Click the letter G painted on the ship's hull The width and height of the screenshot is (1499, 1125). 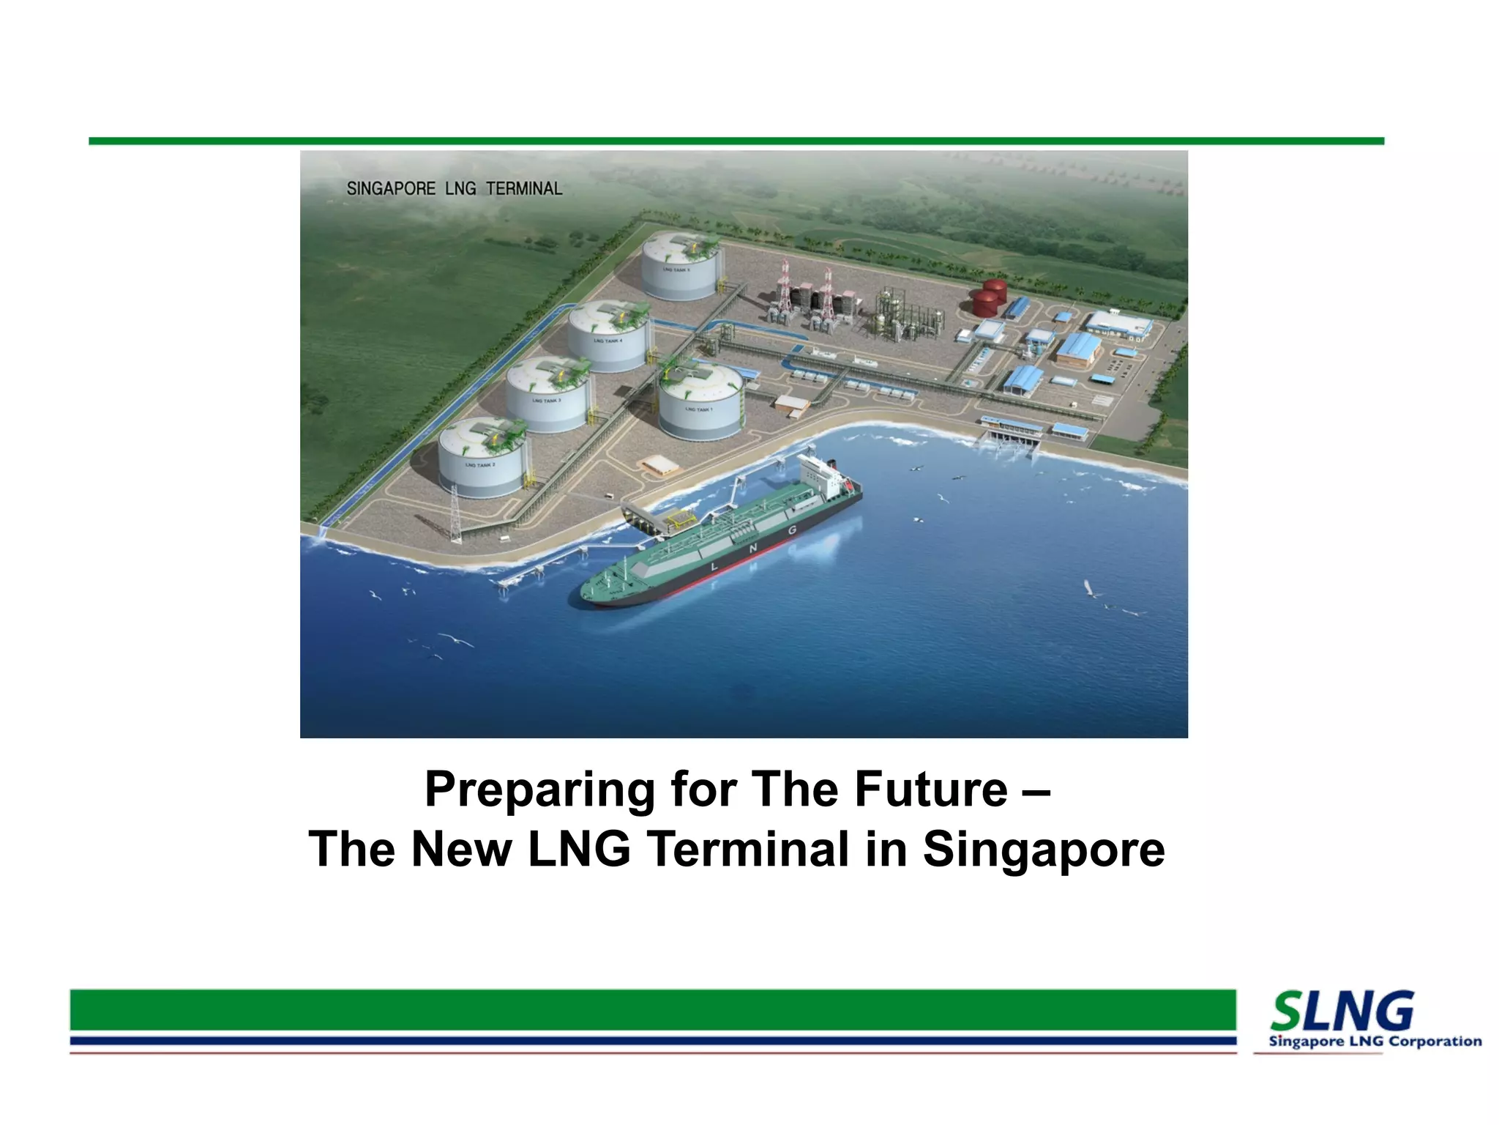click(792, 530)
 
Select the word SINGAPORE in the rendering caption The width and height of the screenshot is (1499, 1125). click(391, 189)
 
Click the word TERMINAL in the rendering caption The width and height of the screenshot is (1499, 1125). click(524, 189)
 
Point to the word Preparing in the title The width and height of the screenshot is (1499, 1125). click(539, 790)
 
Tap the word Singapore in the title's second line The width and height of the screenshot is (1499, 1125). click(1043, 850)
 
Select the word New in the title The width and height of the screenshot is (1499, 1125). click(461, 850)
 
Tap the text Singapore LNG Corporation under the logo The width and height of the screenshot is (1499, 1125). click(1375, 1042)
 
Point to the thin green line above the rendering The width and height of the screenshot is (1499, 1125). click(736, 141)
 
